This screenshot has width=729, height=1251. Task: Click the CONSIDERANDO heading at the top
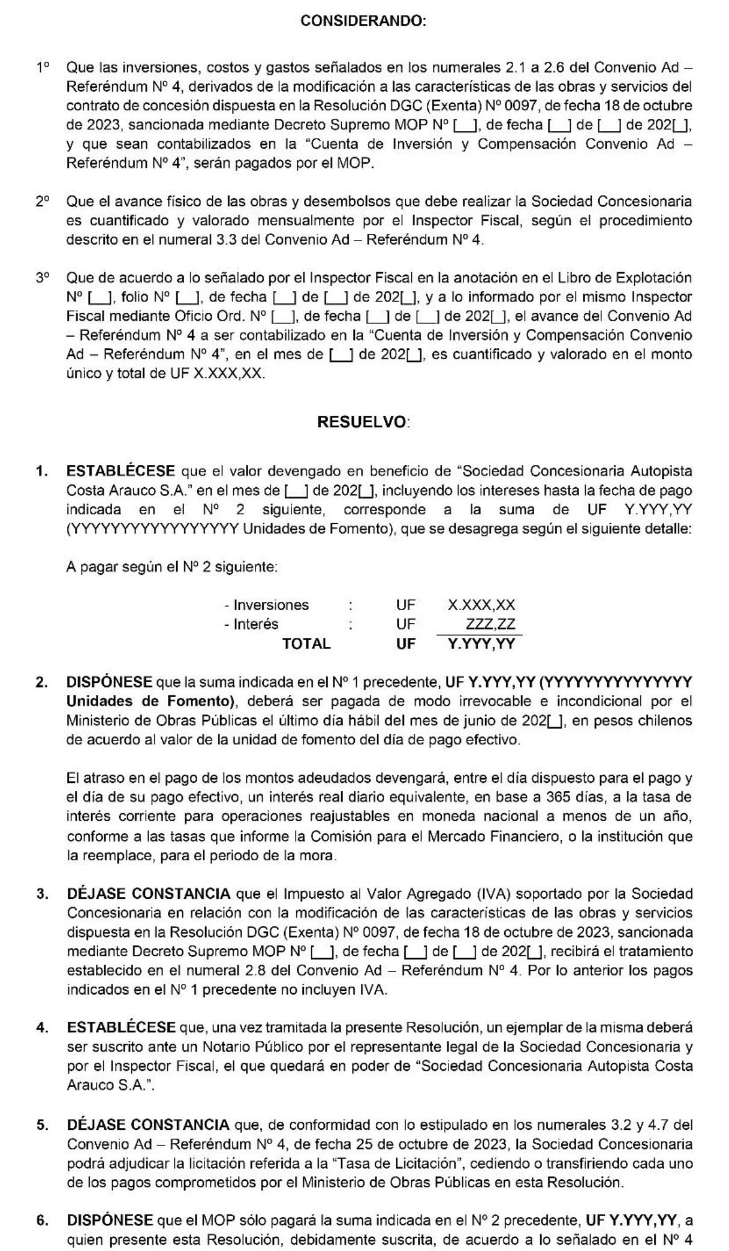click(363, 21)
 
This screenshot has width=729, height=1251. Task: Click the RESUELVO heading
click(362, 422)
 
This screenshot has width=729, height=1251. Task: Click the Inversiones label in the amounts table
click(271, 605)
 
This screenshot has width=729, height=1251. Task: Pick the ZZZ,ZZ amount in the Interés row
click(490, 624)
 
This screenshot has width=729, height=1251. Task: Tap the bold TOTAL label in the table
click(306, 644)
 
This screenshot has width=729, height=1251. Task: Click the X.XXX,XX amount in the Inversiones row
click(481, 605)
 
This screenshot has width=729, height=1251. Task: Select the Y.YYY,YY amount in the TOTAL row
click(481, 644)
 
